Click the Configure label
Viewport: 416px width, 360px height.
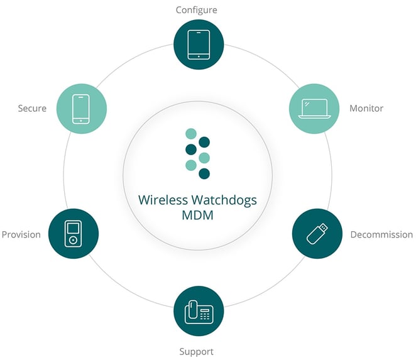click(196, 10)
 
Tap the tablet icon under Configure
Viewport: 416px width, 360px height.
click(199, 45)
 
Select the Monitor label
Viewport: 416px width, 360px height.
click(366, 108)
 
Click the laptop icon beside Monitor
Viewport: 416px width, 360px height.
click(314, 109)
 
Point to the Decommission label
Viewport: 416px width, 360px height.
click(381, 234)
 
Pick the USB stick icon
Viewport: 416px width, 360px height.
click(317, 234)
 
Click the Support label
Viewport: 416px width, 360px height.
click(196, 352)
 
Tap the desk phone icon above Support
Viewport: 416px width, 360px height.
click(199, 312)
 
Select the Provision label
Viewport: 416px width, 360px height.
click(21, 234)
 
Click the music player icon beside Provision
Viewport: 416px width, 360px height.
click(74, 234)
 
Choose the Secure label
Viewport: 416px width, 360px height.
click(32, 108)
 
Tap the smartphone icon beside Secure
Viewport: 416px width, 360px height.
click(81, 109)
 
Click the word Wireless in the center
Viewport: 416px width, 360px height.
click(163, 200)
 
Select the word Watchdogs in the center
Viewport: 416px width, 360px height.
click(224, 200)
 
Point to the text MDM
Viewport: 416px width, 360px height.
click(198, 215)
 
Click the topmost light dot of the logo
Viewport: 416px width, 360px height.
click(191, 134)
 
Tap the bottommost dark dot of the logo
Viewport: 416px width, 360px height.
click(204, 174)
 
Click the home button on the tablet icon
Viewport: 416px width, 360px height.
click(199, 57)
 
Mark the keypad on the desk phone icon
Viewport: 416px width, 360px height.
click(205, 315)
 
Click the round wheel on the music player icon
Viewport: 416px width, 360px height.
click(74, 241)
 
